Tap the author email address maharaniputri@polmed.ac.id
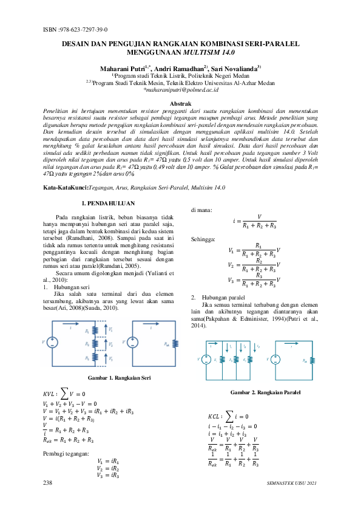click(x=180, y=89)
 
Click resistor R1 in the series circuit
click(x=95, y=332)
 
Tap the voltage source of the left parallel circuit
click(x=206, y=360)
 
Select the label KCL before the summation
click(x=215, y=417)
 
